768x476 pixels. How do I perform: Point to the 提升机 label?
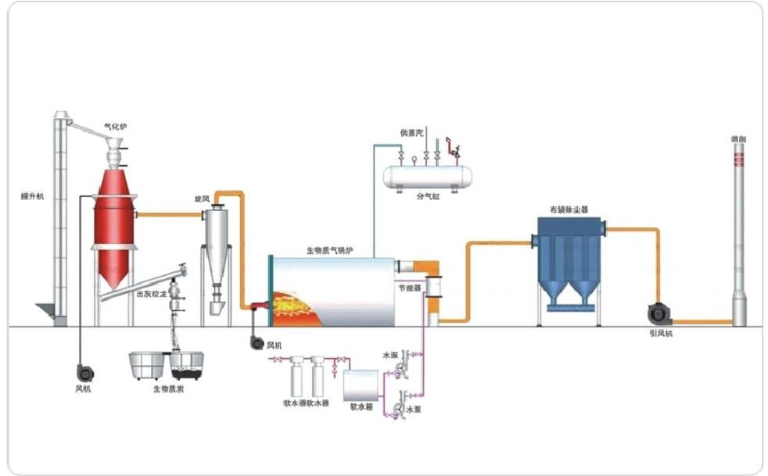[x=33, y=196]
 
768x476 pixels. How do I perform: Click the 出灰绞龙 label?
[x=151, y=294]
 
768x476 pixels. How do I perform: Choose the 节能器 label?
[x=411, y=288]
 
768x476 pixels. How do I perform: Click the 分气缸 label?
[x=429, y=196]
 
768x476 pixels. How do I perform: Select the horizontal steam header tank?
[x=426, y=176]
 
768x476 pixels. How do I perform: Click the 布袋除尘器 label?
[x=569, y=209]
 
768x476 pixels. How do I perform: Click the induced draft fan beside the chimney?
[x=659, y=313]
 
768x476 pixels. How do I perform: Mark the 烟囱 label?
[x=738, y=138]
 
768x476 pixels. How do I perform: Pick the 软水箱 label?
[x=361, y=406]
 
